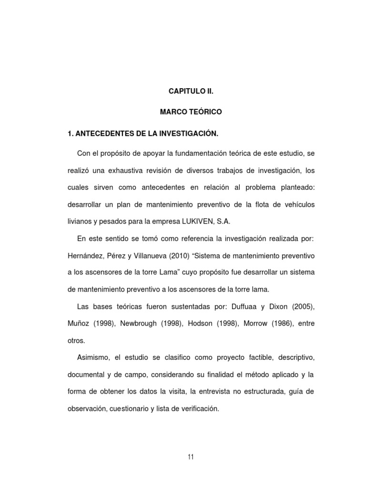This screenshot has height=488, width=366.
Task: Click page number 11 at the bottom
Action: tap(191, 457)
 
